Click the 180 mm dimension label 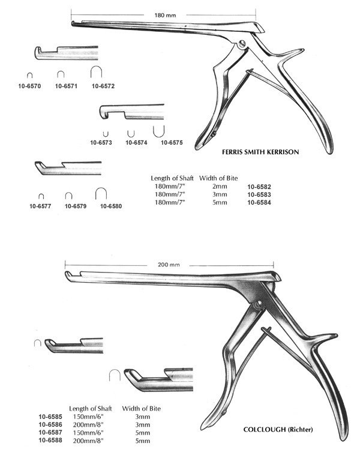pos(165,15)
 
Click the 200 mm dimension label pos(169,265)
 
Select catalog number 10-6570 pos(29,86)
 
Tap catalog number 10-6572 pos(103,86)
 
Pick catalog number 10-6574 pos(136,142)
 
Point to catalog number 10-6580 pos(111,206)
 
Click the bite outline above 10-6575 pos(159,131)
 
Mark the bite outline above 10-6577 pos(41,196)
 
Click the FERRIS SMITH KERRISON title pos(260,152)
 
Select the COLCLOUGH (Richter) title pos(278,429)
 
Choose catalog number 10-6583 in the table pos(259,194)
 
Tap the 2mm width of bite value pos(220,187)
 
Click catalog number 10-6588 pos(50,440)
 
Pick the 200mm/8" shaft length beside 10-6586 pos(88,425)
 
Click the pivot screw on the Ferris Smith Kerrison pos(242,44)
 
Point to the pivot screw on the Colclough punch pos(258,306)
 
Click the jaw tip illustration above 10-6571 pos(67,53)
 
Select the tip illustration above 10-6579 pos(68,168)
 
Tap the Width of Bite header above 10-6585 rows pos(142,408)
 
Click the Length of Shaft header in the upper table pos(172,178)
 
